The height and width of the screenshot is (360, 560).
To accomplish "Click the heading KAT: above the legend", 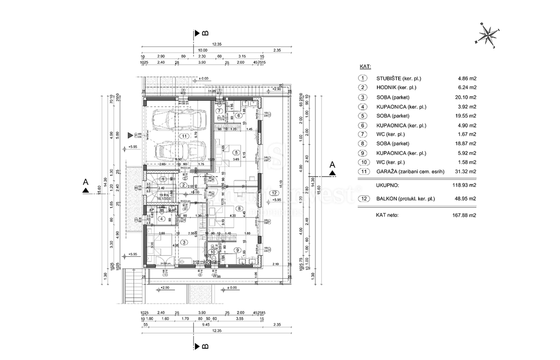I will [x=365, y=67].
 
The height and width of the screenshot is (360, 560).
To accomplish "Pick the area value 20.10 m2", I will [x=466, y=97].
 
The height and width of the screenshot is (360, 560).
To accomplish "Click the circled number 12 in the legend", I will [x=363, y=199].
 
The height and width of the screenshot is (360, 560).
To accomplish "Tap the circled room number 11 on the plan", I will [x=185, y=136].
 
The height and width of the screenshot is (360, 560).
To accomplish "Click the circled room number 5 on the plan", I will [x=236, y=152].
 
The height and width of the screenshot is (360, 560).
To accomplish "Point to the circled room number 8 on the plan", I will [x=239, y=209].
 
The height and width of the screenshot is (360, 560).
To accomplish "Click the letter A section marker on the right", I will [x=332, y=165].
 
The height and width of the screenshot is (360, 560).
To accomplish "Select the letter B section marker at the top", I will [x=205, y=33].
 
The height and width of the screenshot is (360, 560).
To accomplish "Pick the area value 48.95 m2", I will [x=466, y=199].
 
